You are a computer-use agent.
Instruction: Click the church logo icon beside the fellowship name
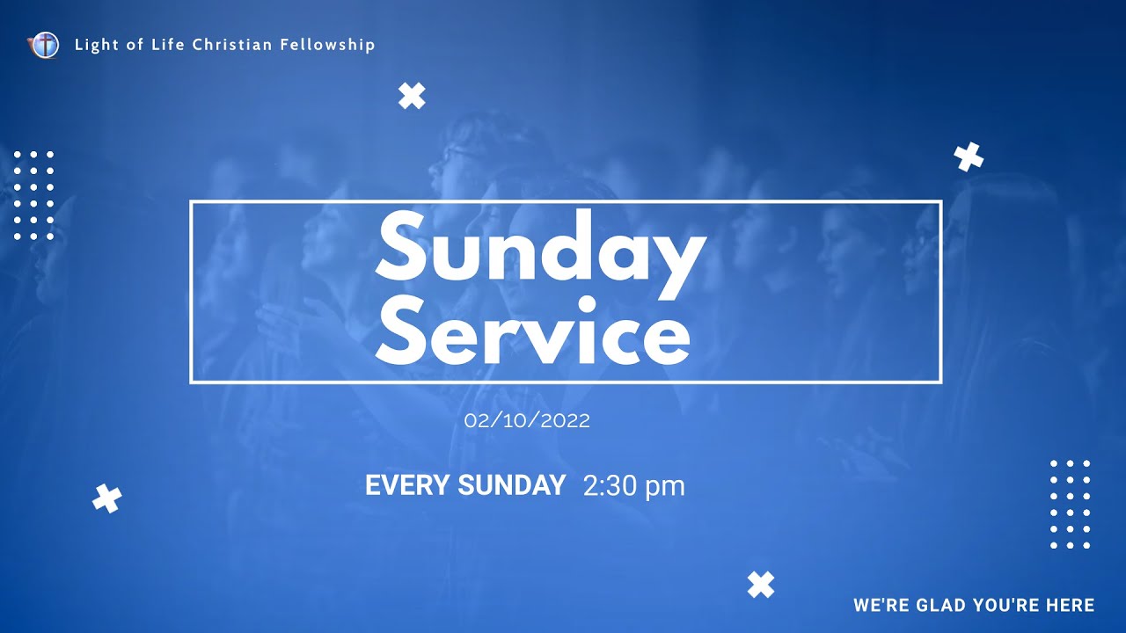(43, 45)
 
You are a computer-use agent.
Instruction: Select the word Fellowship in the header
(327, 45)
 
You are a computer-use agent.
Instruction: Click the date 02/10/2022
(527, 421)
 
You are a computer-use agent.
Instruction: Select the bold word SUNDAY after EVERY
(512, 485)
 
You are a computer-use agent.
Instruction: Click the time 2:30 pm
(633, 486)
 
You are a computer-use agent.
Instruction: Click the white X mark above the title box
(412, 95)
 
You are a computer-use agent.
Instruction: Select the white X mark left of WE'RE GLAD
(761, 585)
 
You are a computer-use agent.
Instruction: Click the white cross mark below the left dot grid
(107, 498)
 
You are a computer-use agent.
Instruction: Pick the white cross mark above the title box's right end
(969, 156)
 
